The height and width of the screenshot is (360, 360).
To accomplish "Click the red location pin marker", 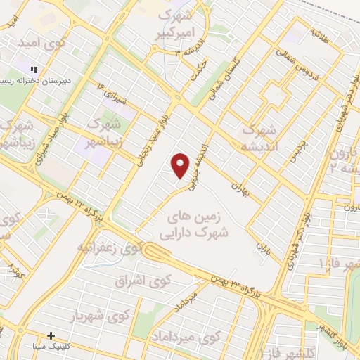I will pos(181,165).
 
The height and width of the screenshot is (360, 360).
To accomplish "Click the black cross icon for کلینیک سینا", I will pos(51,335).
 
